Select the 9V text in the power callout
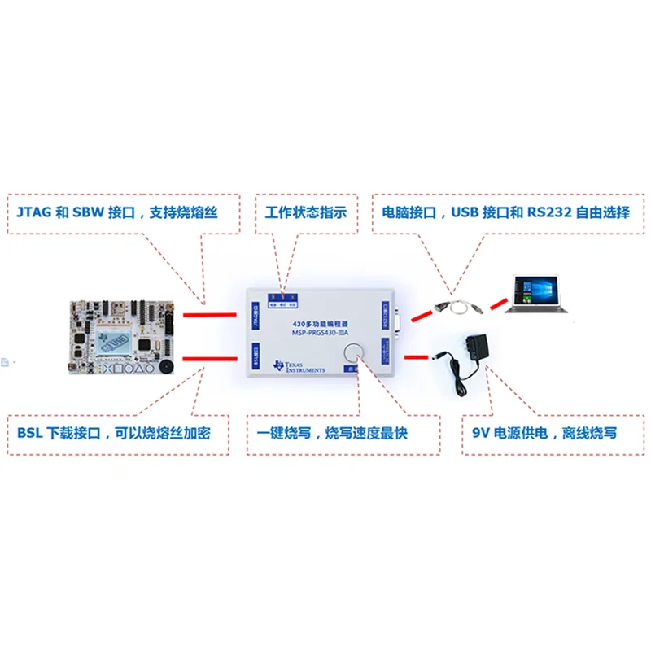(x=482, y=432)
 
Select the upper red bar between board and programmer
(x=210, y=314)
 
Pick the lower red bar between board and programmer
(x=210, y=359)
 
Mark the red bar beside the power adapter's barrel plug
(x=416, y=356)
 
